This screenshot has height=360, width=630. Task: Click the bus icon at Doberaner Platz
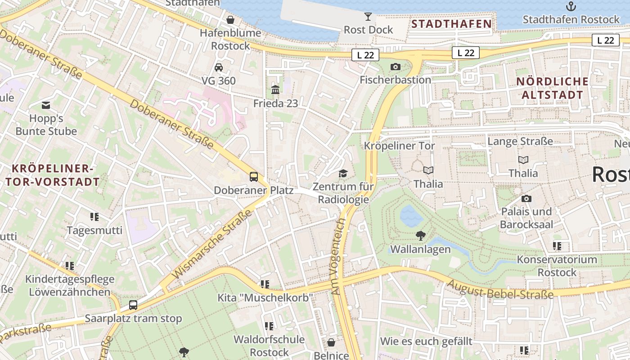pos(254,176)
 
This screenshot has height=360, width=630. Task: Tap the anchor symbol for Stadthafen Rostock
pos(571,6)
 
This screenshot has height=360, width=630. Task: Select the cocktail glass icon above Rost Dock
pos(368,17)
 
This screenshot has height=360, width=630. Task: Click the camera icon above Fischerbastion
pos(395,67)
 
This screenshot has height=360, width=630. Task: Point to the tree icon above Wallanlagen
pos(420,235)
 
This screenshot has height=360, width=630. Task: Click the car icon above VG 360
pos(219,67)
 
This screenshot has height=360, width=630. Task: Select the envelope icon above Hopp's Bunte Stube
pos(46,105)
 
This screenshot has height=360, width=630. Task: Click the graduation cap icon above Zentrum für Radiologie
pos(343,173)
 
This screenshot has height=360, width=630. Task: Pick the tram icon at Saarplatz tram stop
pos(133,305)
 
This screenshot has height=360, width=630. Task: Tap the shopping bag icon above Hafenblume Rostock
pos(230,20)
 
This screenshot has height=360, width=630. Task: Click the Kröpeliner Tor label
pos(399,146)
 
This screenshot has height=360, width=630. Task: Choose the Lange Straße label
pos(520,141)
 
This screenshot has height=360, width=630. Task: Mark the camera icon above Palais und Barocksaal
pos(526,198)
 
